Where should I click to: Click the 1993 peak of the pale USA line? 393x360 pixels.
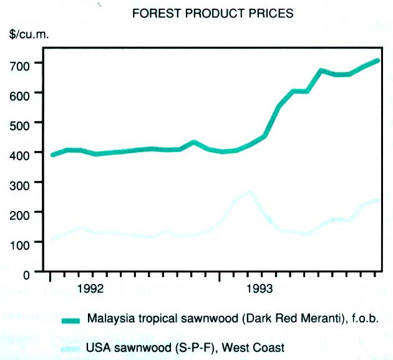(x=250, y=192)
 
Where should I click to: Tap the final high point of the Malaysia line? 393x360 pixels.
(x=377, y=61)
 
